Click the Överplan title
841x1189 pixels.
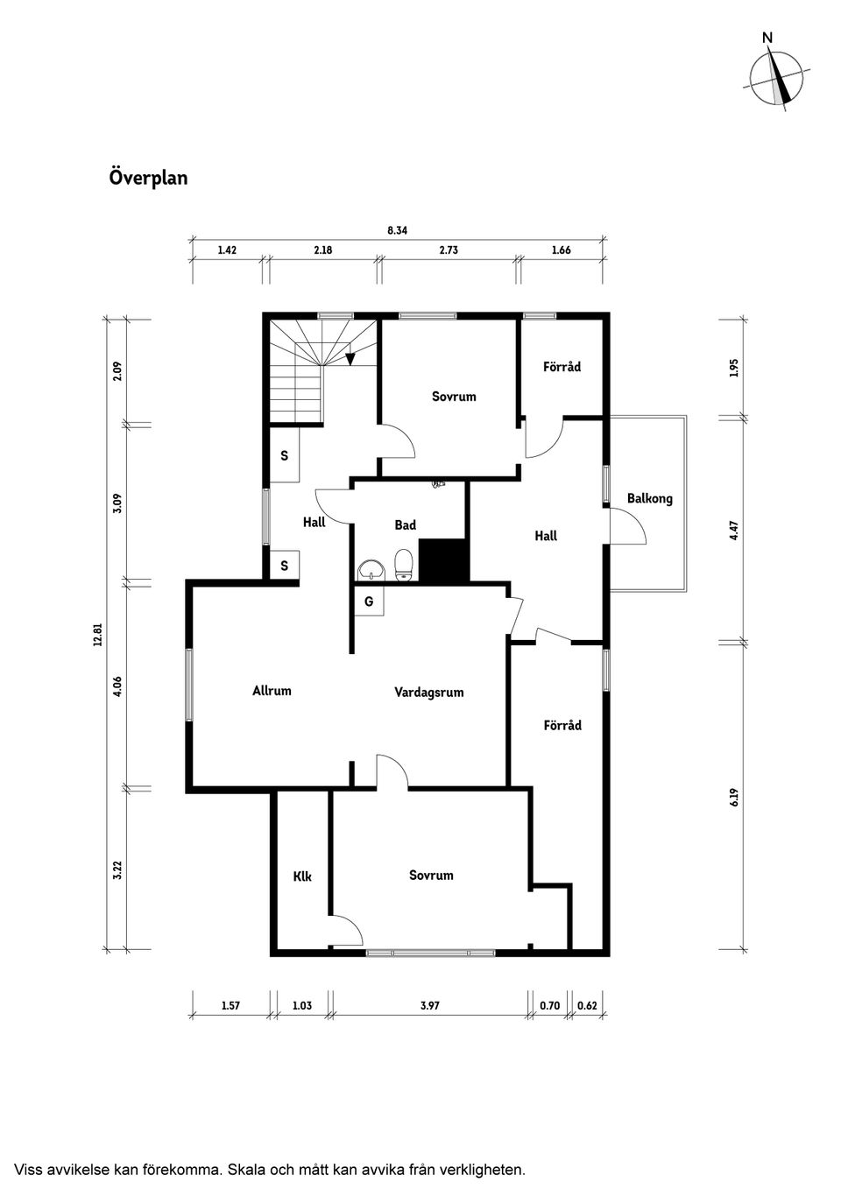(x=148, y=178)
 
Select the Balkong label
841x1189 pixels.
(x=649, y=499)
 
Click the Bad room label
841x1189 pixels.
(x=405, y=525)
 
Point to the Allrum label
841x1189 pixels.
(x=272, y=691)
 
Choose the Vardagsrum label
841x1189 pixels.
(x=428, y=693)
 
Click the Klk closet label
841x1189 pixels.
(x=302, y=876)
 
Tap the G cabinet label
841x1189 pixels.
(x=369, y=602)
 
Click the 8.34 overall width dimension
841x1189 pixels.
(x=398, y=231)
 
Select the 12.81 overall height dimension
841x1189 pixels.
(x=98, y=634)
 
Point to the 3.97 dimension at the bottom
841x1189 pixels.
(x=429, y=1006)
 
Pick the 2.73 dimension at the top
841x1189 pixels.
(x=449, y=250)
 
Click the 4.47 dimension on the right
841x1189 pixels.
(x=734, y=531)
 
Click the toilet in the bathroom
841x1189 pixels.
(x=404, y=565)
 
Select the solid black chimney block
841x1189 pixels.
(x=443, y=560)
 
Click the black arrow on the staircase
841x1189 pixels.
(x=350, y=357)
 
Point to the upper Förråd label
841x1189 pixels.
(x=562, y=367)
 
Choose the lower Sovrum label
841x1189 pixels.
(x=431, y=876)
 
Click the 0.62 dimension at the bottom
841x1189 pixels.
(x=587, y=1006)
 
